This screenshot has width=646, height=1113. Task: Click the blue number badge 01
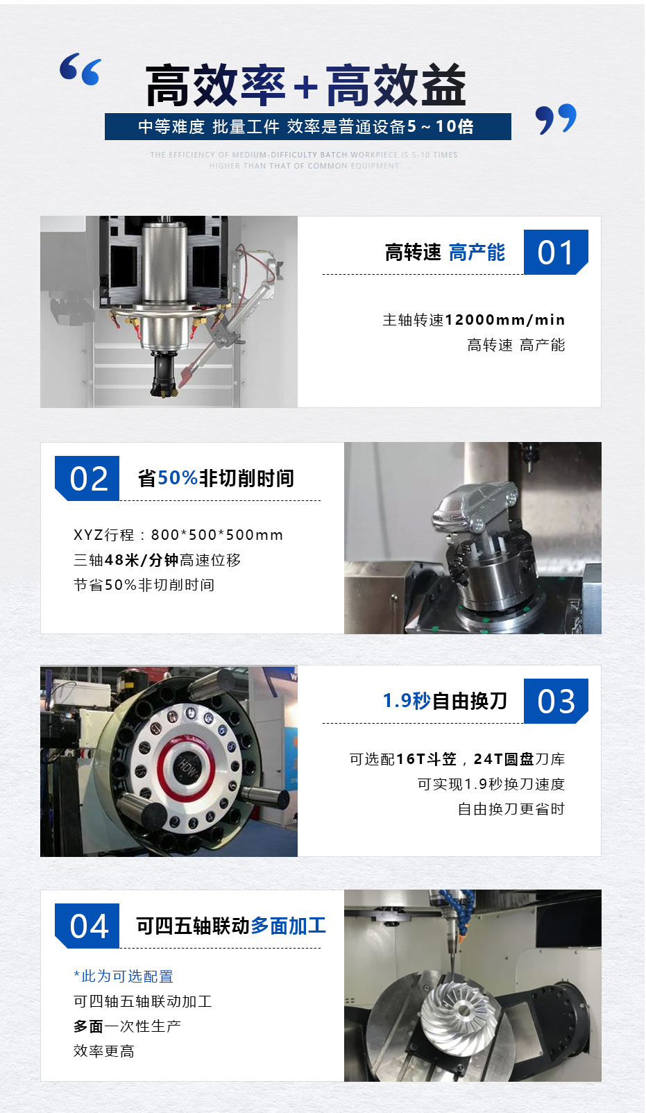pyautogui.click(x=556, y=252)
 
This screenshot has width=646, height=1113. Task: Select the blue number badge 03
pyautogui.click(x=556, y=701)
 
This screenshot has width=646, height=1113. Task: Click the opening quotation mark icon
pyautogui.click(x=80, y=69)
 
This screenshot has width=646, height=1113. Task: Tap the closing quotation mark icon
pyautogui.click(x=556, y=119)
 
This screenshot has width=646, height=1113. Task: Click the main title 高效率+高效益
pyautogui.click(x=305, y=86)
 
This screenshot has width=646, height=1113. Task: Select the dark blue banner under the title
pyautogui.click(x=307, y=127)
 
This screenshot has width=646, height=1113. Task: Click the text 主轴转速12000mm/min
pyautogui.click(x=473, y=320)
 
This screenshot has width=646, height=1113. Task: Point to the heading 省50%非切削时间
pyautogui.click(x=216, y=478)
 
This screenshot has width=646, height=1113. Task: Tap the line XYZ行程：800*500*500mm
pyautogui.click(x=178, y=535)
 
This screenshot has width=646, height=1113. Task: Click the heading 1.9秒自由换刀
pyautogui.click(x=445, y=701)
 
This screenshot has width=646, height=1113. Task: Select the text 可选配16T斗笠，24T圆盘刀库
pyautogui.click(x=457, y=759)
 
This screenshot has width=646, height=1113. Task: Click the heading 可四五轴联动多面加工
pyautogui.click(x=231, y=926)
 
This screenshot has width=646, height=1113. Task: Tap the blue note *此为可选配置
pyautogui.click(x=124, y=976)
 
